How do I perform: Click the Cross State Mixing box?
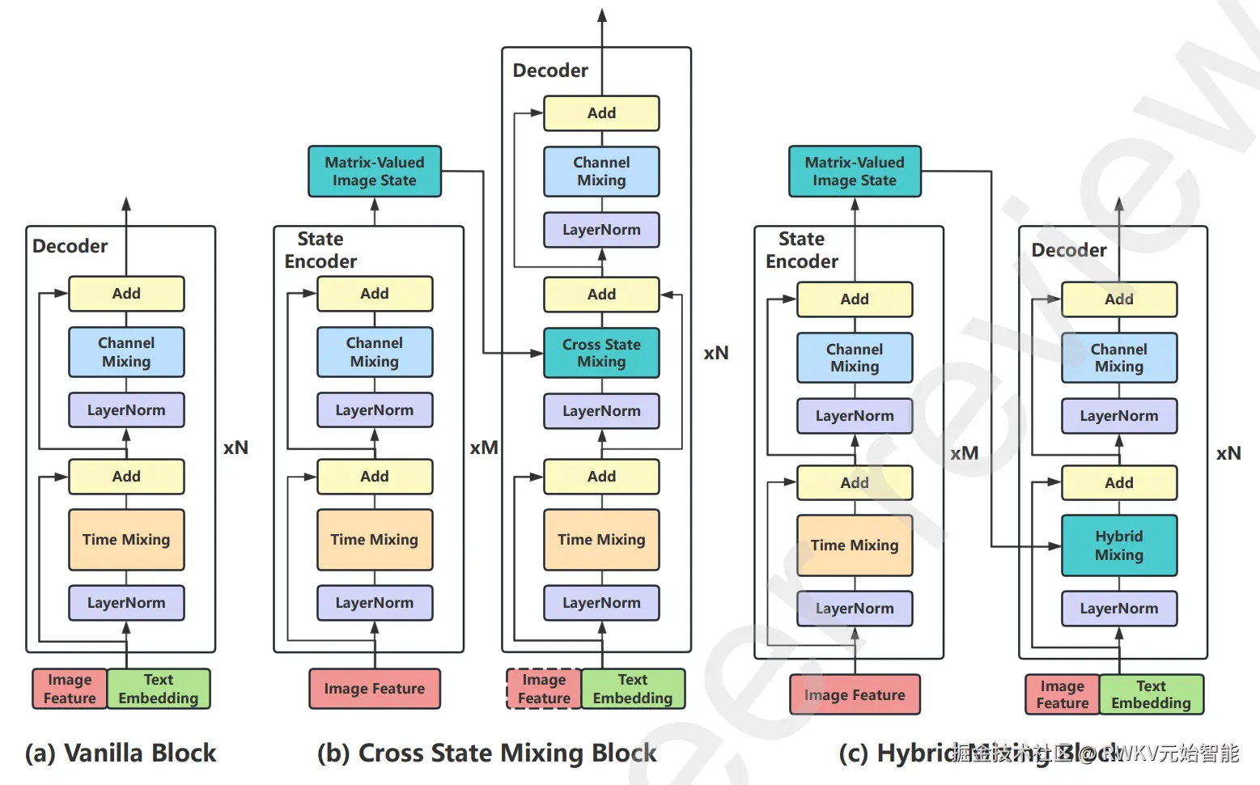click(601, 353)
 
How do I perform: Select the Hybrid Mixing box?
click(1118, 545)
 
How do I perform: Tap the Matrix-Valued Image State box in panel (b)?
click(375, 172)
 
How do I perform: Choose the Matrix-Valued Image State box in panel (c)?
click(855, 172)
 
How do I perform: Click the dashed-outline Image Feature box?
click(544, 689)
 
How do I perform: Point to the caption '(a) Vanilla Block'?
click(121, 753)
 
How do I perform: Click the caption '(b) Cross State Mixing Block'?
click(486, 753)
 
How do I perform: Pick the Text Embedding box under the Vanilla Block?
click(159, 689)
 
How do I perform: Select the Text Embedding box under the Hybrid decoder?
click(1151, 694)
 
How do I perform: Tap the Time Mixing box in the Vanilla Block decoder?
click(126, 540)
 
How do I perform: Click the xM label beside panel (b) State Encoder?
click(484, 448)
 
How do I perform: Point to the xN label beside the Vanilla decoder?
click(235, 448)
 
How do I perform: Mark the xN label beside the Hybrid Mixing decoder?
click(1228, 453)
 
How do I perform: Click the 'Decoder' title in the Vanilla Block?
click(70, 246)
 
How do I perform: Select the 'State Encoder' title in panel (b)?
click(320, 250)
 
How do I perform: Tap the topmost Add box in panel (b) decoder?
click(601, 113)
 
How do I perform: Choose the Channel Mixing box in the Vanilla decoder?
click(126, 352)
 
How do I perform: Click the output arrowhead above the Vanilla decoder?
click(126, 203)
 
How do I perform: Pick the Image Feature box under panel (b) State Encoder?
click(375, 689)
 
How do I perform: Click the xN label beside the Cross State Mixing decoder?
click(716, 353)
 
